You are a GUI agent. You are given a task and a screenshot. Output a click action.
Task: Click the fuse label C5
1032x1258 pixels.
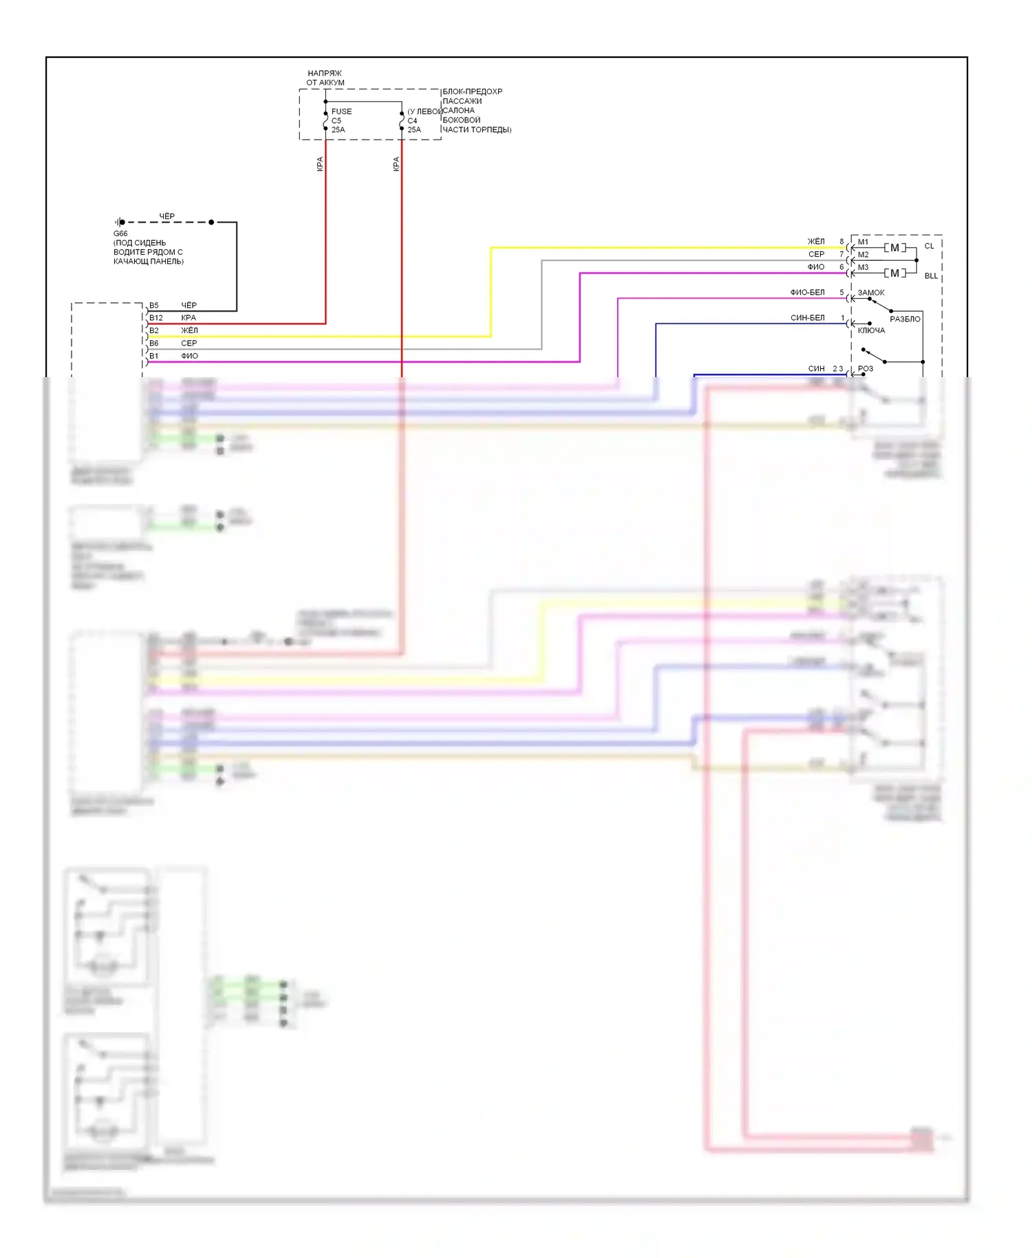tap(336, 120)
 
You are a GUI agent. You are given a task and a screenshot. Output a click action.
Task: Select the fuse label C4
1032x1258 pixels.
tap(412, 120)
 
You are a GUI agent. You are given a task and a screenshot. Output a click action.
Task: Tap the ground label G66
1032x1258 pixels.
tap(120, 233)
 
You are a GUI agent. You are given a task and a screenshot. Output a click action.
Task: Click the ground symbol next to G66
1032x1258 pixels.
tap(119, 222)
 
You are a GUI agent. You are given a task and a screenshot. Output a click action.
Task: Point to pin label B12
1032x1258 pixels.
tap(156, 318)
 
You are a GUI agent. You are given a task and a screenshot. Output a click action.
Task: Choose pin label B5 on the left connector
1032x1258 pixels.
tap(154, 306)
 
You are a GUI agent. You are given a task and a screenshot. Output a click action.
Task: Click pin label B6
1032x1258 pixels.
tap(154, 343)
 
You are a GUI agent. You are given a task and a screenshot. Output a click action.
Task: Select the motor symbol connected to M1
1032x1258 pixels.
tap(894, 248)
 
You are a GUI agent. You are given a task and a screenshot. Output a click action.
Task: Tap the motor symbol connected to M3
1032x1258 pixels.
tap(894, 273)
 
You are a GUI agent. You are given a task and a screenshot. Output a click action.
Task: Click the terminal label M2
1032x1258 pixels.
tap(863, 255)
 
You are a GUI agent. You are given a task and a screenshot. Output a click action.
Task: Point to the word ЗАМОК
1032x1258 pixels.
tap(871, 292)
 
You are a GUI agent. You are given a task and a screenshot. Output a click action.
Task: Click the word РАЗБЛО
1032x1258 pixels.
tap(905, 319)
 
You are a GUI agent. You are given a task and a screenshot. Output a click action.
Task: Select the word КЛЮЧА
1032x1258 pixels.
tap(871, 330)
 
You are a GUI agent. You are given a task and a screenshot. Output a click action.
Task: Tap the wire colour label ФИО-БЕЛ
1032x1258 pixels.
tap(807, 292)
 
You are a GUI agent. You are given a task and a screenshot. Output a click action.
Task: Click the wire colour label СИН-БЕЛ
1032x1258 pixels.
tap(807, 318)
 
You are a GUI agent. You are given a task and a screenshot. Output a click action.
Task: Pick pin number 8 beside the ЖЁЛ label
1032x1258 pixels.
tap(841, 242)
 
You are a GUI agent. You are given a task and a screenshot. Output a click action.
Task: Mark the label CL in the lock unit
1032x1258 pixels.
tap(929, 246)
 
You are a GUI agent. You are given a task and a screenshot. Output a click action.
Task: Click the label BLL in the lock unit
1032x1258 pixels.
tap(931, 276)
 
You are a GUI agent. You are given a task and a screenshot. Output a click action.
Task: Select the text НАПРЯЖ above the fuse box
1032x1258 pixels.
tap(325, 73)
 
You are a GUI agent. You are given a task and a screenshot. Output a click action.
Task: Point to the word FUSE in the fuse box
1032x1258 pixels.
tap(341, 111)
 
